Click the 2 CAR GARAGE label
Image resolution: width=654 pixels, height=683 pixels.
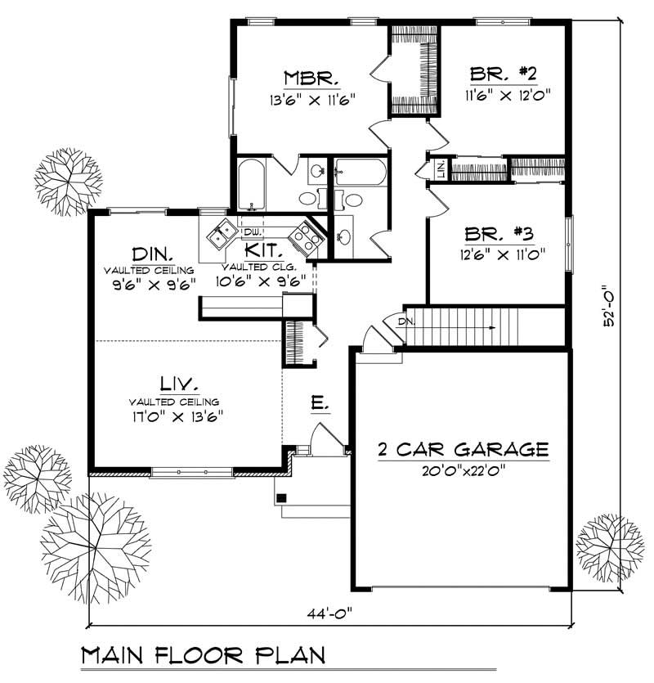click(462, 449)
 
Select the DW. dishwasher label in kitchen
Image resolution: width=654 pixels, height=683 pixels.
click(250, 231)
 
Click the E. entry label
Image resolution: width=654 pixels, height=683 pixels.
click(320, 402)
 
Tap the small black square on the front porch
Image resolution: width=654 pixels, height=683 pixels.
click(282, 497)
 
